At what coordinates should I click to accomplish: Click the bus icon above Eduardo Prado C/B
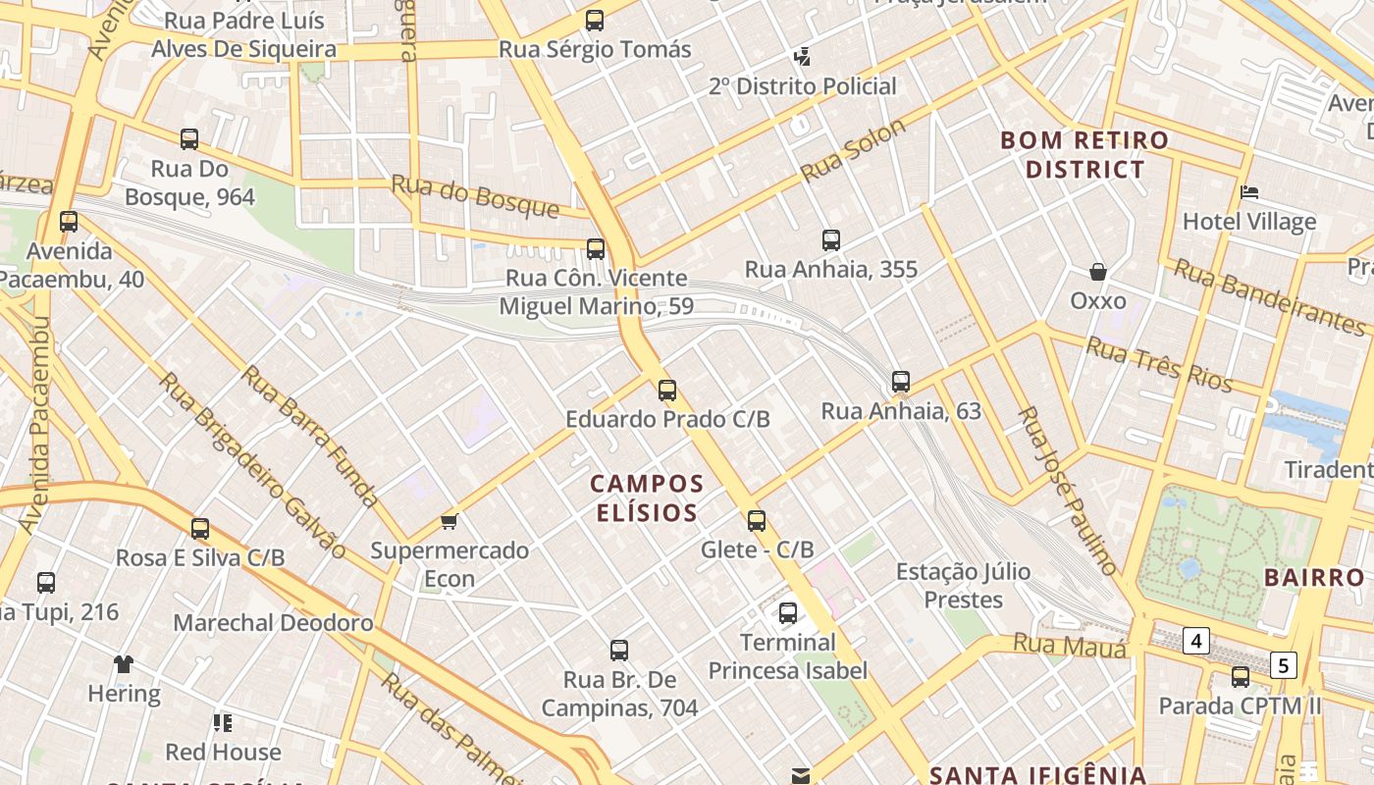point(667,391)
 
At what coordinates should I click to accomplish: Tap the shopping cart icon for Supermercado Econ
point(449,521)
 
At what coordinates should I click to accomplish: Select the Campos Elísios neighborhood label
point(648,497)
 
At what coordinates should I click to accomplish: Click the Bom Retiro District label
point(1084,154)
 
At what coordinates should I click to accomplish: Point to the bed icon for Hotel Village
point(1249,192)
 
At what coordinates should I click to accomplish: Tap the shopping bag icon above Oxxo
point(1098,271)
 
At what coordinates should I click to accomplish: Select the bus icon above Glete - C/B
point(756,521)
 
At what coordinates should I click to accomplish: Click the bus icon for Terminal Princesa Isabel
point(788,614)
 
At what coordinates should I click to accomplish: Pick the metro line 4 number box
point(1195,642)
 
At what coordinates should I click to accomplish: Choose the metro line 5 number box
point(1284,665)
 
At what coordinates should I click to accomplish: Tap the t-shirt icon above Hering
point(123,664)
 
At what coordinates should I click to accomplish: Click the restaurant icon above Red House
point(223,723)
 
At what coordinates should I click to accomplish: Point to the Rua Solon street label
point(853,150)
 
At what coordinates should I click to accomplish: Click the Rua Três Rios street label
point(1159,363)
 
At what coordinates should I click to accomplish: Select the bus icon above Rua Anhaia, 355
point(831,239)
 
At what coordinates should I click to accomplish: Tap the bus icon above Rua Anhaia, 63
point(901,382)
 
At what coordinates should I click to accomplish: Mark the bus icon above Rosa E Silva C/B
point(200,529)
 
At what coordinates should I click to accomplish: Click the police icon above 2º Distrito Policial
point(803,57)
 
